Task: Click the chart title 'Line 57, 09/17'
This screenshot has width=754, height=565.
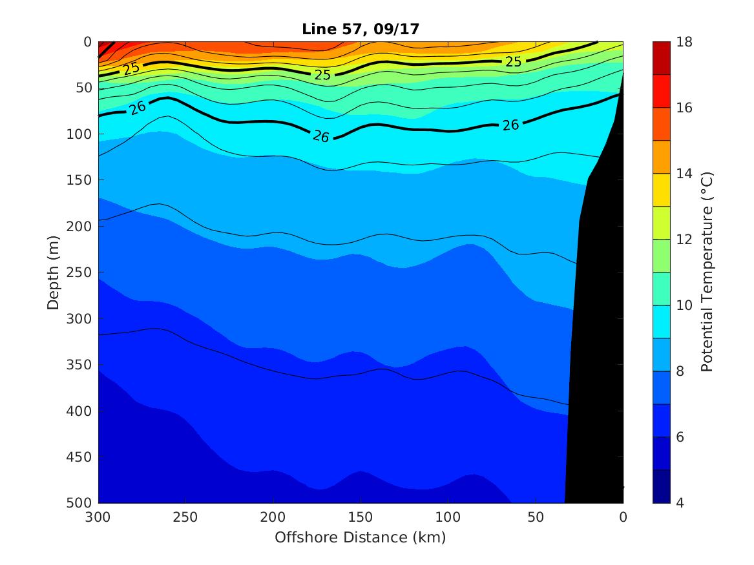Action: pyautogui.click(x=360, y=29)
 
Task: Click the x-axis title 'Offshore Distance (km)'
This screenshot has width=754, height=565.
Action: pyautogui.click(x=360, y=537)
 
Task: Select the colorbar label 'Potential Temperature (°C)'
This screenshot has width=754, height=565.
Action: pyautogui.click(x=707, y=272)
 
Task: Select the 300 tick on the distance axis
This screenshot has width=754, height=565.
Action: pyautogui.click(x=98, y=517)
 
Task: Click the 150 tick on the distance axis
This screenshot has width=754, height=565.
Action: pyautogui.click(x=361, y=517)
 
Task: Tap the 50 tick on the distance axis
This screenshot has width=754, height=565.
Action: pyautogui.click(x=536, y=517)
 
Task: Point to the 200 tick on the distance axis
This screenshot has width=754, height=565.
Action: pyautogui.click(x=273, y=517)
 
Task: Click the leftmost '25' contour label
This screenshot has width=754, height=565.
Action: pyautogui.click(x=132, y=68)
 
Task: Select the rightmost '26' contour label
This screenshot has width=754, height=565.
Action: pyautogui.click(x=510, y=125)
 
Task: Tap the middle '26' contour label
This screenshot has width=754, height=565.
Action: pyautogui.click(x=322, y=136)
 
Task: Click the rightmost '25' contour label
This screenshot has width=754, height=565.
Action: pyautogui.click(x=514, y=62)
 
